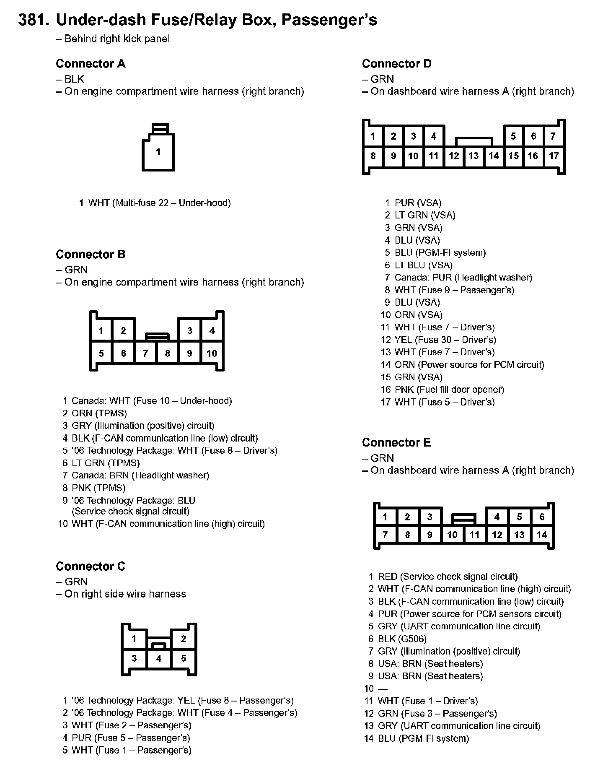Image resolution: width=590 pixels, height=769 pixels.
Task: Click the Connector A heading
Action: (91, 64)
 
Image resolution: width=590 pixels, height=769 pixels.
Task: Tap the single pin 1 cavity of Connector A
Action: (158, 152)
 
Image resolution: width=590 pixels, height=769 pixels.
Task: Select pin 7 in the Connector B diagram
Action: (145, 353)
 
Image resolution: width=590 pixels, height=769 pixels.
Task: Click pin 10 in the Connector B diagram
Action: (212, 353)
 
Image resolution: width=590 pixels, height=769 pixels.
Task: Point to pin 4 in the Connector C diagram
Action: (159, 658)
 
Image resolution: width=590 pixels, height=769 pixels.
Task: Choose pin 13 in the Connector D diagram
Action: (474, 156)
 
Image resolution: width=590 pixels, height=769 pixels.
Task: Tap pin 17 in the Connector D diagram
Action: (554, 156)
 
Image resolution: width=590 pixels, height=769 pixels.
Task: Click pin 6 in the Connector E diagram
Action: (542, 517)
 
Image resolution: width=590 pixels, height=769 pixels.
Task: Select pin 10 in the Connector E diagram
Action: (452, 535)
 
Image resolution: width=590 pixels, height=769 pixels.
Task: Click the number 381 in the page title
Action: (32, 20)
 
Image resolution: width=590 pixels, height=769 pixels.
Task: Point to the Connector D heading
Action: (396, 64)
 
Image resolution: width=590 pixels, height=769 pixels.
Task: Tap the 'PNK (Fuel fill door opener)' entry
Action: (449, 390)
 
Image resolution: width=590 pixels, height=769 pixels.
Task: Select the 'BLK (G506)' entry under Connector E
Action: (402, 639)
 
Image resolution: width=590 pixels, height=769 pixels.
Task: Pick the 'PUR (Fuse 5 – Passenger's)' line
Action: (131, 738)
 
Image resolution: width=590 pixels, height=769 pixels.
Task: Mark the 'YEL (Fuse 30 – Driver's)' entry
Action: (445, 340)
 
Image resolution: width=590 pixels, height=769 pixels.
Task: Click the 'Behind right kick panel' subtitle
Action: (117, 39)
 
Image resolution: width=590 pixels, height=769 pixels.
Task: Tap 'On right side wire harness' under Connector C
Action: (125, 594)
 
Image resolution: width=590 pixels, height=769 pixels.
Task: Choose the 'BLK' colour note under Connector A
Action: (74, 79)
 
